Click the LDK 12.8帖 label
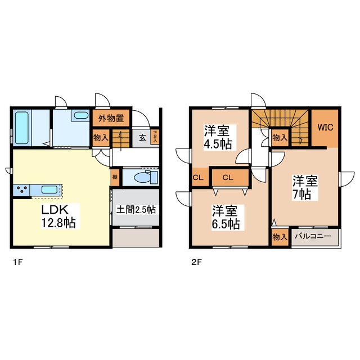click(x=55, y=216)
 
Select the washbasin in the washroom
click(x=80, y=116)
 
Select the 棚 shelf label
click(x=115, y=177)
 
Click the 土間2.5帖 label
click(x=136, y=210)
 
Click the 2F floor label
click(x=195, y=262)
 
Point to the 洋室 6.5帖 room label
click(x=226, y=217)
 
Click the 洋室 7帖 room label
click(x=304, y=187)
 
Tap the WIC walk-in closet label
click(x=326, y=127)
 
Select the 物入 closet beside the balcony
click(x=280, y=237)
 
